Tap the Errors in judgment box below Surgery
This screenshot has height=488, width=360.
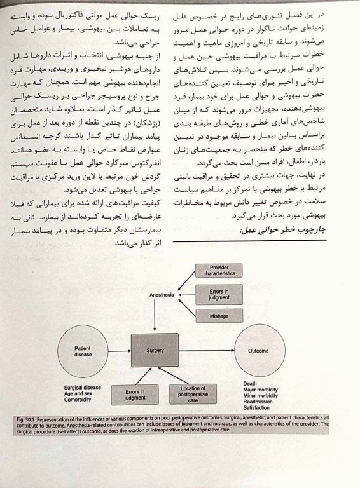coord(135,395)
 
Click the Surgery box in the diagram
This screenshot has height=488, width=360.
coord(155,351)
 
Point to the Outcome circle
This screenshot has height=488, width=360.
coord(258,351)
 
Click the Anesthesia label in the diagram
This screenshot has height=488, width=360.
coord(161,294)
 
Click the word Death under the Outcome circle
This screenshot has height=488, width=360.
coord(250,383)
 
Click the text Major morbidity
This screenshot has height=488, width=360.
coord(261,389)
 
